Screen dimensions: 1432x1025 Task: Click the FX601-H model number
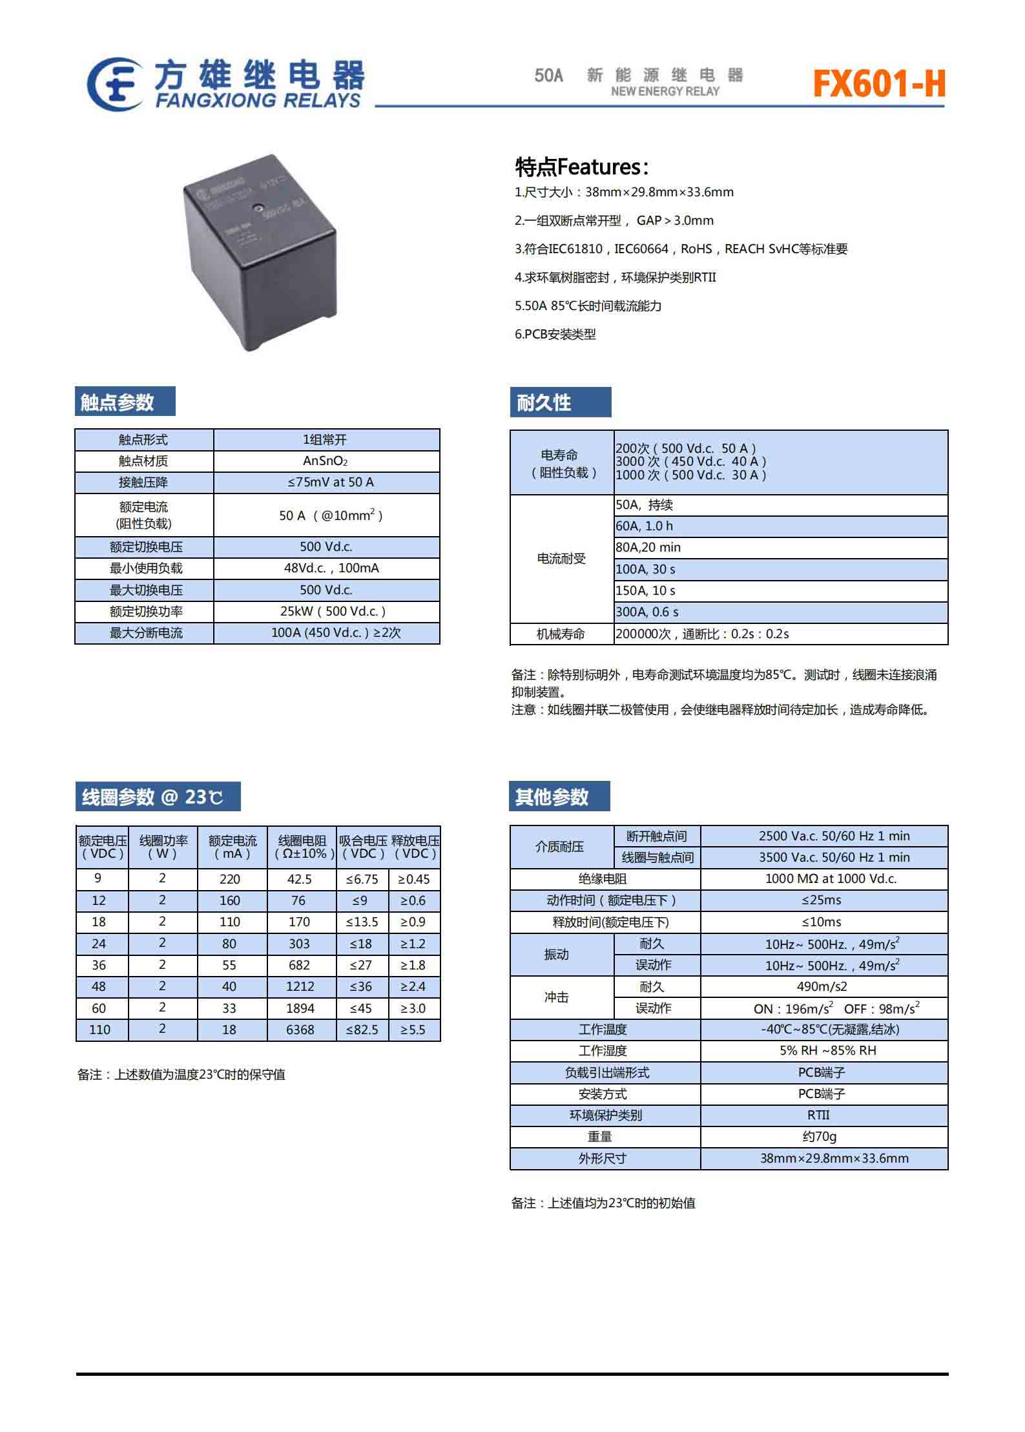coord(878,83)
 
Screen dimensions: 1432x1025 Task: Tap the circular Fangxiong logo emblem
coord(115,84)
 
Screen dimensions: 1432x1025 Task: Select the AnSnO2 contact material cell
coord(326,461)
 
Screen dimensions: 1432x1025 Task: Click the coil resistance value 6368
coord(300,1030)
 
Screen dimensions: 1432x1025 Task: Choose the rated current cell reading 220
coord(229,879)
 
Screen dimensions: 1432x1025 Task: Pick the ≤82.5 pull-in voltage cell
coord(362,1030)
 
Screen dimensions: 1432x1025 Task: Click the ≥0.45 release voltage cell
coord(413,879)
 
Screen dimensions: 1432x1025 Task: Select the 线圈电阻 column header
coord(302,847)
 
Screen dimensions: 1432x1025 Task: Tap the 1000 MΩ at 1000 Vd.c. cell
coord(831,878)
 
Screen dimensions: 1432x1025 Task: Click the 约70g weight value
coord(819,1136)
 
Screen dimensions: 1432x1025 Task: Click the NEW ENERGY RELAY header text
coord(665,91)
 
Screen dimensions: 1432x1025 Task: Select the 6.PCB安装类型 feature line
coord(555,334)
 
